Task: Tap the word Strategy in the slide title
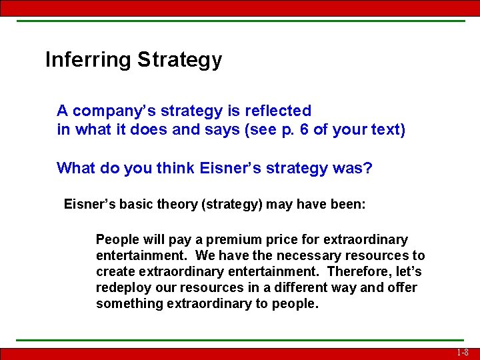179,60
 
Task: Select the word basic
135,204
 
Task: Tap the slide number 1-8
463,353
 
